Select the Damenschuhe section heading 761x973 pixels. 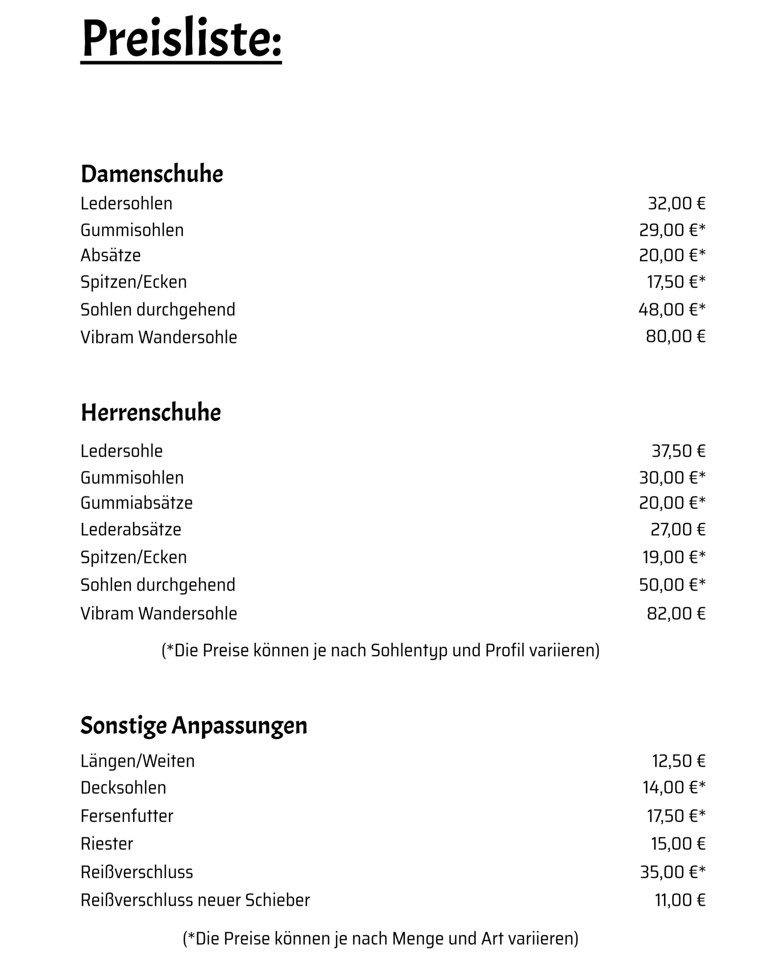(x=152, y=174)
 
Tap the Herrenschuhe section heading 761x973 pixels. (x=151, y=413)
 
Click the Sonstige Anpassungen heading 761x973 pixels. (x=194, y=725)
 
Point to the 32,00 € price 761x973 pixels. (x=676, y=204)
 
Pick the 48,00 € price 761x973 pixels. (x=672, y=309)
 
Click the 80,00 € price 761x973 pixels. (x=675, y=336)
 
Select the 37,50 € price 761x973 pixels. (x=678, y=451)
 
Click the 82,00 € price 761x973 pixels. (x=676, y=613)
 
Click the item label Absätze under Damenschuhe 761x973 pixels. (x=111, y=255)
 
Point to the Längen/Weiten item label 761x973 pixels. (x=137, y=761)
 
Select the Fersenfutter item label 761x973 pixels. (x=127, y=816)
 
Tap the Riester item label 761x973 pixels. (x=107, y=844)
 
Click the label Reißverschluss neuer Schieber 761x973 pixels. (x=195, y=900)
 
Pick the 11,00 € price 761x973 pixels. (x=680, y=900)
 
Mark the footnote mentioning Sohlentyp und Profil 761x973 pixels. (x=380, y=650)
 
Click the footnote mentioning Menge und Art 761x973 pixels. (x=380, y=939)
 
